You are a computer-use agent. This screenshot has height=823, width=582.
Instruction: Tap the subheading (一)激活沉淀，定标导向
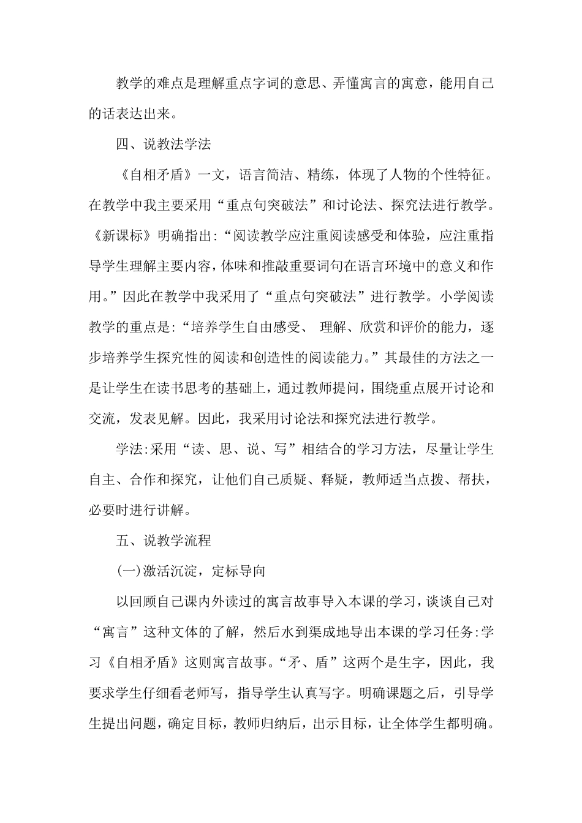point(191,571)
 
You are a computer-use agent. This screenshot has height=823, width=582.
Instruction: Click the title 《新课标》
point(123,235)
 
